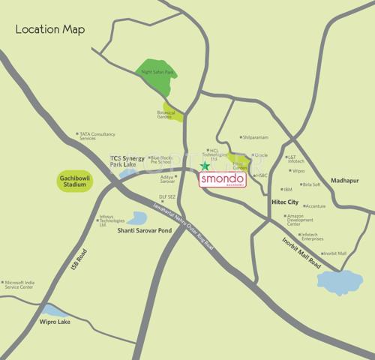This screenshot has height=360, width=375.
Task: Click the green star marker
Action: (205, 166)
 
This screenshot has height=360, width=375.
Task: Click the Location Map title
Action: (50, 29)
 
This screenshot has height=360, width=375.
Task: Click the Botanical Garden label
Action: (165, 114)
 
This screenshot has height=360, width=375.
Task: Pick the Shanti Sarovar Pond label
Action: (122, 231)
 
